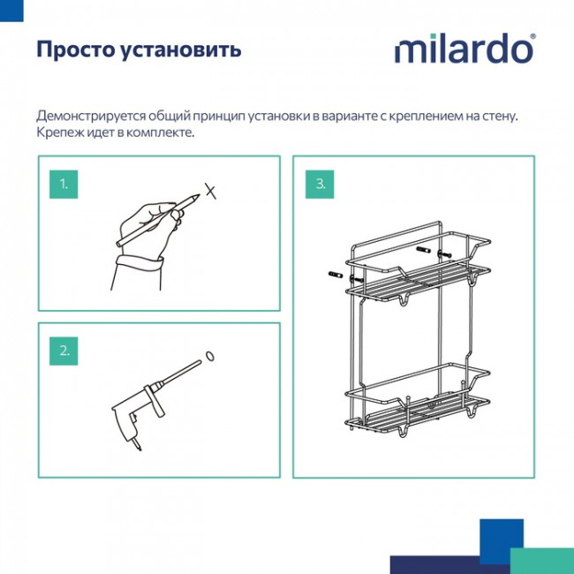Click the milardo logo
(x=464, y=49)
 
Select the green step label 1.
(x=64, y=184)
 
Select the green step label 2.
(x=64, y=350)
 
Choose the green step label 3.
(x=320, y=184)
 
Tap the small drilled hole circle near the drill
(x=210, y=355)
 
